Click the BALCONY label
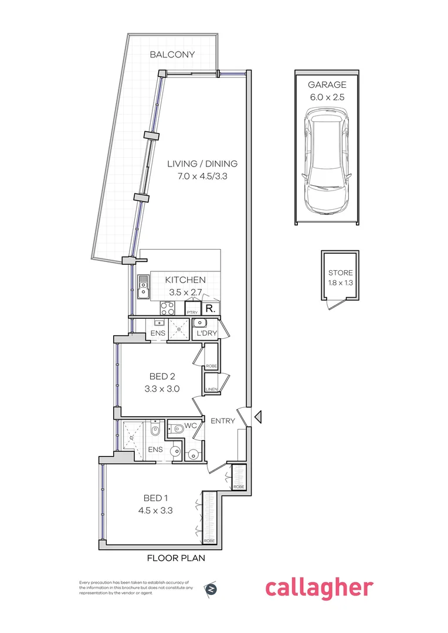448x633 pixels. point(172,55)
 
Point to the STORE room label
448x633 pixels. point(340,273)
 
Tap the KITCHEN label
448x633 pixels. point(185,280)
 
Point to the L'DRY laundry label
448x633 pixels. point(208,333)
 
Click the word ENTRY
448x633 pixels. point(222,421)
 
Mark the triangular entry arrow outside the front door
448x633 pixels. point(258,417)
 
